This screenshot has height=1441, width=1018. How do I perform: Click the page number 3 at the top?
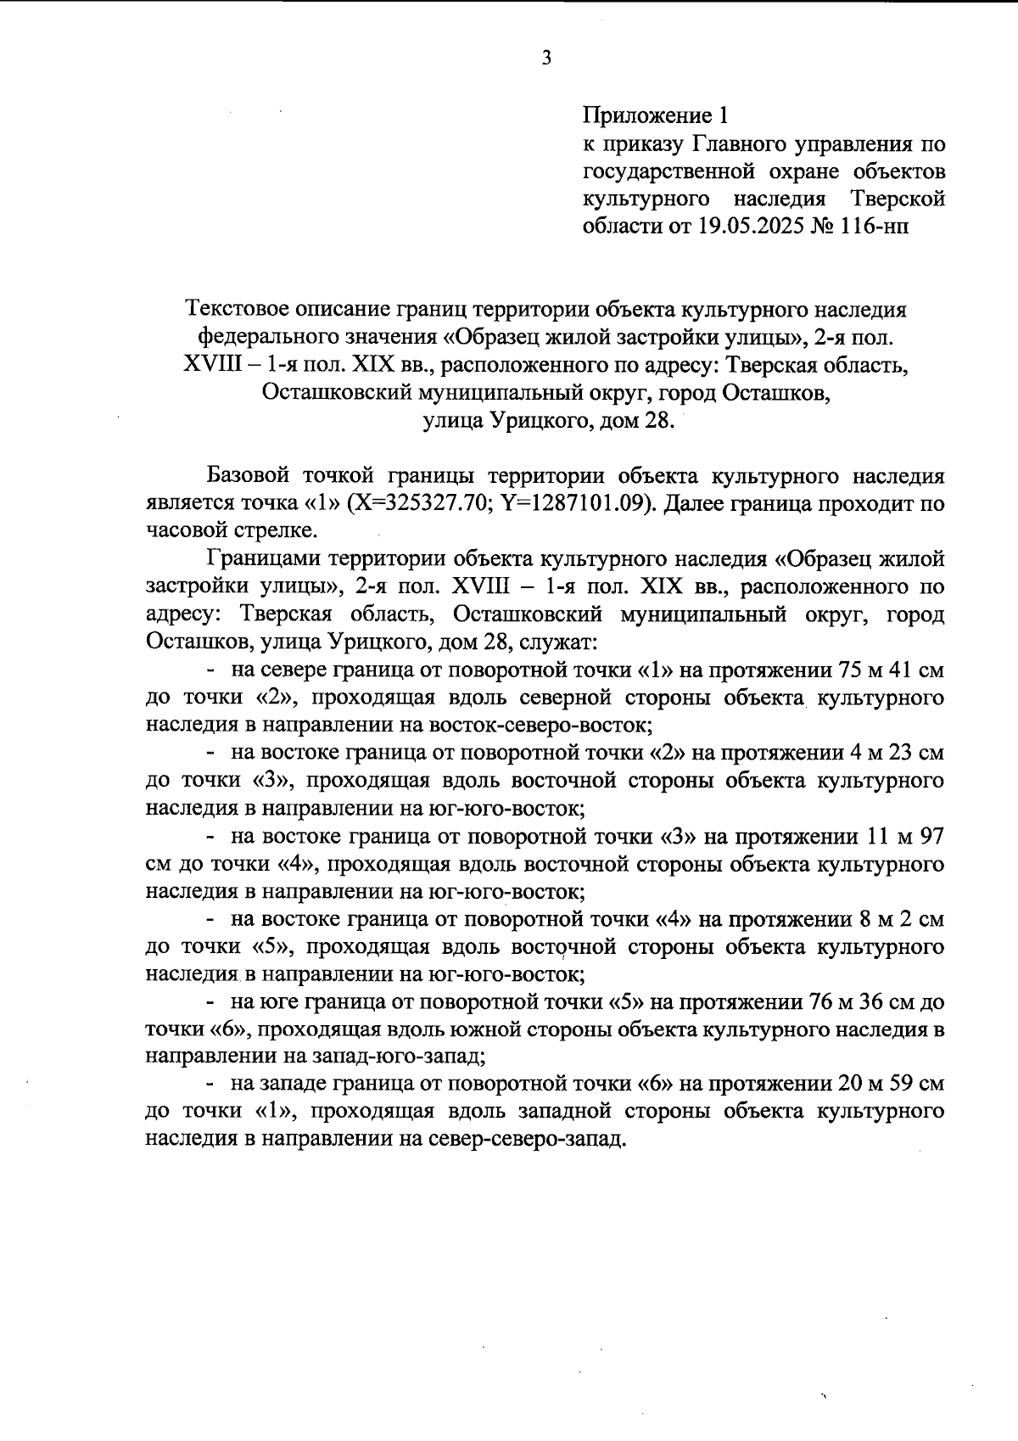[546, 59]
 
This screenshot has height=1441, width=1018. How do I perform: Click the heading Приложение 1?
[655, 115]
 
